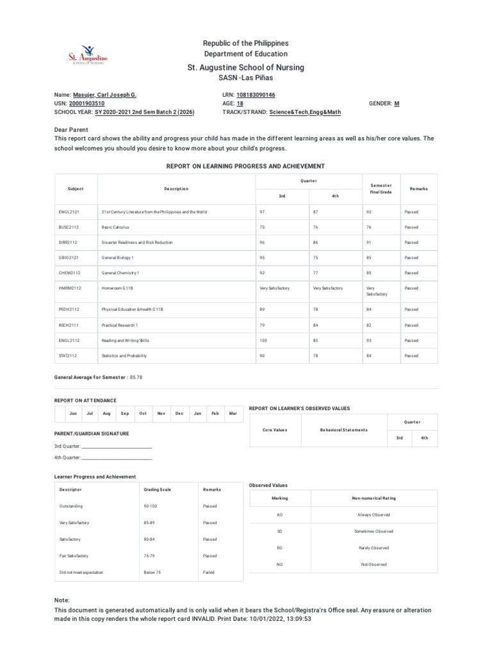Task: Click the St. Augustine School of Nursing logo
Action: click(88, 56)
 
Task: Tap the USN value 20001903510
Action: click(87, 103)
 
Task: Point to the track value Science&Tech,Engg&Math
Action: click(306, 111)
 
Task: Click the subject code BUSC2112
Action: click(68, 227)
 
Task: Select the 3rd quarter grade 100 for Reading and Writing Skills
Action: click(263, 340)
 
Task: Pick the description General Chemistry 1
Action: click(120, 273)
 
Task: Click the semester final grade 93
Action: click(369, 340)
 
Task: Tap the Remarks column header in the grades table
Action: click(418, 189)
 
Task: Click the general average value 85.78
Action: click(136, 377)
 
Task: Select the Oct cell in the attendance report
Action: click(143, 413)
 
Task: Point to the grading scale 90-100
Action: click(152, 506)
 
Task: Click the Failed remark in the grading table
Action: click(209, 572)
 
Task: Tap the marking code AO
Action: click(279, 514)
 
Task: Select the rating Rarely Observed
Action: click(372, 548)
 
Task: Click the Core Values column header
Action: click(275, 430)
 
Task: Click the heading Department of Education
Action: click(245, 54)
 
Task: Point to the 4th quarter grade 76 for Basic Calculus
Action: click(315, 227)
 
